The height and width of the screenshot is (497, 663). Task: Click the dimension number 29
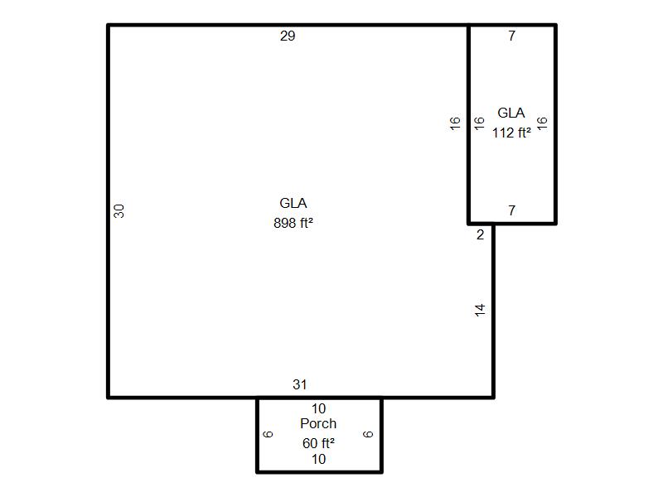288,36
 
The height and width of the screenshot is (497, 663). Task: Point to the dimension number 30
119,211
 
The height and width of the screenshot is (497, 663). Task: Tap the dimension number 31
300,384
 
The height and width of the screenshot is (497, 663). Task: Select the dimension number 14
480,310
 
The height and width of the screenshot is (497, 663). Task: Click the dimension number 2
480,234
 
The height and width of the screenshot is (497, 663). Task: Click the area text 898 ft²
293,223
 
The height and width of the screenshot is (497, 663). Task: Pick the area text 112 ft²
511,133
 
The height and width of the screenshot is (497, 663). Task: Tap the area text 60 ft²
318,443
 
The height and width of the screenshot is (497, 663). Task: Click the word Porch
318,423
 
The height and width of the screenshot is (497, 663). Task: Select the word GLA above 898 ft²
293,203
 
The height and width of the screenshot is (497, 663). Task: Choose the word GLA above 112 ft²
511,113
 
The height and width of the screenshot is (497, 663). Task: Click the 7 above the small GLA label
511,36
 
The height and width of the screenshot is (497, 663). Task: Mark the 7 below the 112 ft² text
511,210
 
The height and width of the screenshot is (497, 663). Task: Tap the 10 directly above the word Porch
318,408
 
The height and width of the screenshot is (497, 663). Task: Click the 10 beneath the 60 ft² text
318,459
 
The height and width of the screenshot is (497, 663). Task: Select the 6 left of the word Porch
268,434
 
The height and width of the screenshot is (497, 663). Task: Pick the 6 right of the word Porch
368,434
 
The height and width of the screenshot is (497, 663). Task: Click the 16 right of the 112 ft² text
542,123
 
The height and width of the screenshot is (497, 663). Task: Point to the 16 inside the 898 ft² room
454,123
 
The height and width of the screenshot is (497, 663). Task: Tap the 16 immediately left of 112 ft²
479,123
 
